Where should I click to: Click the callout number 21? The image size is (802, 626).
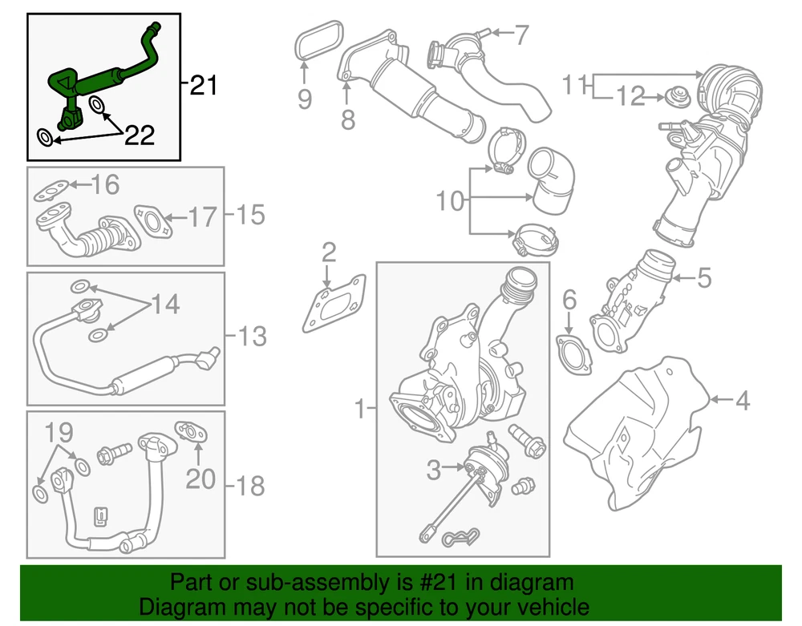coord(204,84)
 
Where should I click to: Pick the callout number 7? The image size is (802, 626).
coord(521,34)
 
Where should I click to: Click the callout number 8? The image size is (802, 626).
coord(347,119)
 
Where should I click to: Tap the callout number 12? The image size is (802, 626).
coord(630,97)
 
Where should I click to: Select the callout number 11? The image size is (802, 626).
coord(576,83)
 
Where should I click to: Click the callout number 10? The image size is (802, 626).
coord(451,200)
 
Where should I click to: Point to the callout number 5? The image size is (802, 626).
coord(703,278)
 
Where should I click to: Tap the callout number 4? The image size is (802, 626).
coord(743,400)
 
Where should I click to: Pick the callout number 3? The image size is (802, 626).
coord(434,471)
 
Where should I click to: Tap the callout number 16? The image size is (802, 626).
coord(104,186)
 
